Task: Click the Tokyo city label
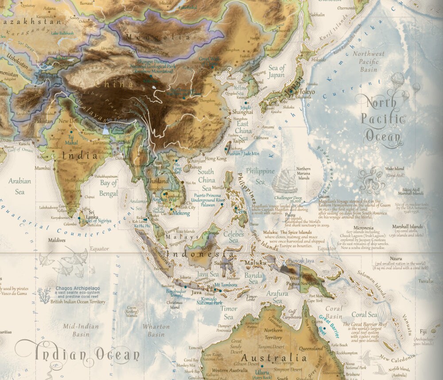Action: [x=307, y=92]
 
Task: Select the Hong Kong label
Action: [x=216, y=159]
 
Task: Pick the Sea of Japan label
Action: [x=277, y=71]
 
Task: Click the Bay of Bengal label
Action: [x=109, y=186]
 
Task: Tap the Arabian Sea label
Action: [x=20, y=186]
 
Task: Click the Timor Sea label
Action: [x=228, y=313]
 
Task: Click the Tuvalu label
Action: [x=425, y=281]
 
